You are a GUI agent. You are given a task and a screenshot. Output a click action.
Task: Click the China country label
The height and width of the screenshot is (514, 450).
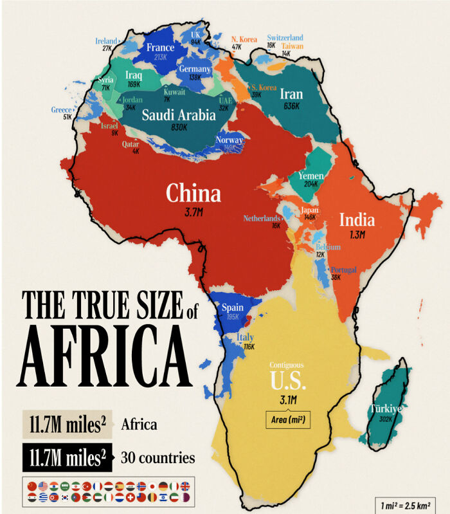click(193, 193)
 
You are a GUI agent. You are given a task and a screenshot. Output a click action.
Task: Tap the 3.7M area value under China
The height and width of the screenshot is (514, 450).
click(194, 211)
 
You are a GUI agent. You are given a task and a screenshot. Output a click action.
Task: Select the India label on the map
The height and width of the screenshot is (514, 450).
click(357, 220)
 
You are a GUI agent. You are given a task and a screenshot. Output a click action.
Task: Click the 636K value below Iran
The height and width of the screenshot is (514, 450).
click(291, 106)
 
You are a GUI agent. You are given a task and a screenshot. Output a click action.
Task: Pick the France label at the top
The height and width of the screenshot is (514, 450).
click(160, 47)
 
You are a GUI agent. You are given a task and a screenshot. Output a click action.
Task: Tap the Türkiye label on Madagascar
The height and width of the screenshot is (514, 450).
click(384, 408)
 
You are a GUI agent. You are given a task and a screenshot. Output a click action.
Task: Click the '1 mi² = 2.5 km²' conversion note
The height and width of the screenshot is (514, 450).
click(404, 500)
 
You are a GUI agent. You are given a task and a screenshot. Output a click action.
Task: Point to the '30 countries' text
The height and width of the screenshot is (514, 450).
click(158, 458)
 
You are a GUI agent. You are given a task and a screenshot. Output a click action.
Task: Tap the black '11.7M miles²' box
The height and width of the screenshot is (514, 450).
click(66, 458)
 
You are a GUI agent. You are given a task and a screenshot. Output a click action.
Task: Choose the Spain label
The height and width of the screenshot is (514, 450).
click(232, 307)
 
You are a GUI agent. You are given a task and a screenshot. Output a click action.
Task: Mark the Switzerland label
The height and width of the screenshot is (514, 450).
click(285, 38)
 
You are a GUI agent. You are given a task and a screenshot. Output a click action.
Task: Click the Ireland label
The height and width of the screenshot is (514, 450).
click(107, 41)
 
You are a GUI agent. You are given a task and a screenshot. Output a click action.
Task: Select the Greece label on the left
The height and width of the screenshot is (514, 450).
click(62, 109)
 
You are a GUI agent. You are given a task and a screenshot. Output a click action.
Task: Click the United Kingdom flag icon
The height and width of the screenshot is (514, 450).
click(185, 486)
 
